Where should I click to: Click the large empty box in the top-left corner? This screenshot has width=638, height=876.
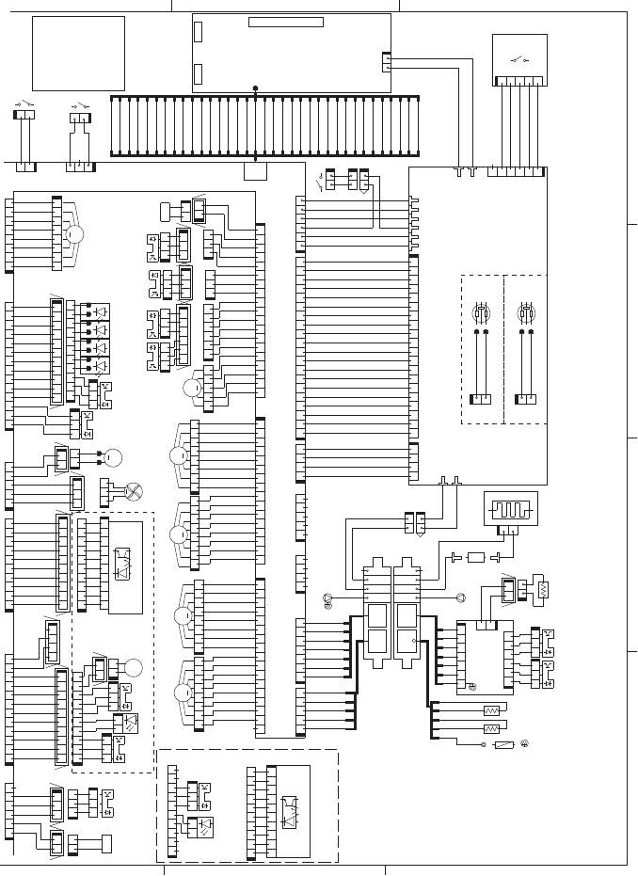[x=78, y=53]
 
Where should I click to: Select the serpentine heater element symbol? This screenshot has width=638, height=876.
[x=509, y=513]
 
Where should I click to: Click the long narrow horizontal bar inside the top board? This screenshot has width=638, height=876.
[x=285, y=23]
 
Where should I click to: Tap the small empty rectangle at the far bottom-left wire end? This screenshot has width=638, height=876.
[x=106, y=842]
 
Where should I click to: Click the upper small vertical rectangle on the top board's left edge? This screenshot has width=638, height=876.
[x=198, y=31]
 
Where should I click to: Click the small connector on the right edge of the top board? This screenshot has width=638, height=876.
[x=387, y=61]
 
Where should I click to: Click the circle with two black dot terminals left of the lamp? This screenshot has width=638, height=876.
[x=112, y=459]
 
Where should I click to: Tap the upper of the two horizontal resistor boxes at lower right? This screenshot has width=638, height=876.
[x=490, y=710]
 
